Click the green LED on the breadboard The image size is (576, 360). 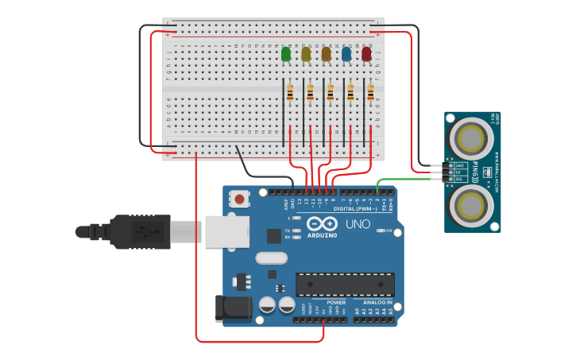coord(286,54)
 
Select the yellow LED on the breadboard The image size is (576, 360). coord(307,54)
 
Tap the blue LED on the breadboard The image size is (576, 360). coord(346,54)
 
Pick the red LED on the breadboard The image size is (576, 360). coord(367,54)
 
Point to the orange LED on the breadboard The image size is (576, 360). coord(327,54)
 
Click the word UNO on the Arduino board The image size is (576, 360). coord(358,224)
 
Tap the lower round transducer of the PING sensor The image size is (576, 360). coord(471,206)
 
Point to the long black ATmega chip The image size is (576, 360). coord(345,284)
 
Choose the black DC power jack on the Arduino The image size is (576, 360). coord(230,308)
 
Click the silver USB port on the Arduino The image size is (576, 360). coord(226,231)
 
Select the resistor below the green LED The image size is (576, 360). coord(290,94)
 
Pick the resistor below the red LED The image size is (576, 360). coord(370,94)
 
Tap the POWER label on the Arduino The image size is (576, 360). coord(336,302)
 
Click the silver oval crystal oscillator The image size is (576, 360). coord(271,257)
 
